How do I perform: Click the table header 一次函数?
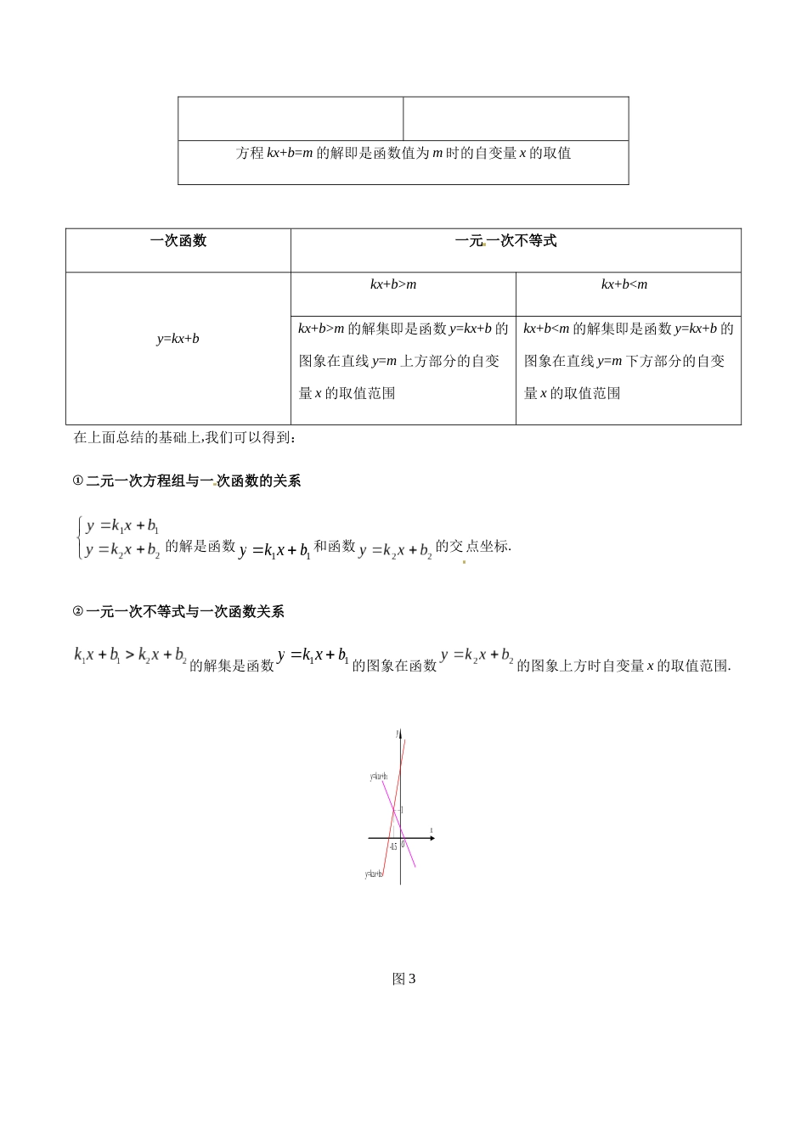(178, 241)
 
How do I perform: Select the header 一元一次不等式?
(505, 241)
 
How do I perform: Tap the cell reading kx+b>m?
(393, 284)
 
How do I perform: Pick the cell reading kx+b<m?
(624, 284)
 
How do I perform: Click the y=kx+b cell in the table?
(178, 339)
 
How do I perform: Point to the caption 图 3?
(403, 979)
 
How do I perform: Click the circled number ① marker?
(78, 481)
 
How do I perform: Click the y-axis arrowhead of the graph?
(400, 733)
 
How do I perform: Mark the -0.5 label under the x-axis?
(392, 847)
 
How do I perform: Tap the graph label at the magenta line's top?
(379, 777)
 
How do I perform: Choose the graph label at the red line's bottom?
(374, 874)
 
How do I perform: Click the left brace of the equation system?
(78, 538)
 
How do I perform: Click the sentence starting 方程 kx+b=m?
(403, 154)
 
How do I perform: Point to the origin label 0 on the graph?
(403, 845)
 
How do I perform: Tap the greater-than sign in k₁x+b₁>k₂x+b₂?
(129, 655)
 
